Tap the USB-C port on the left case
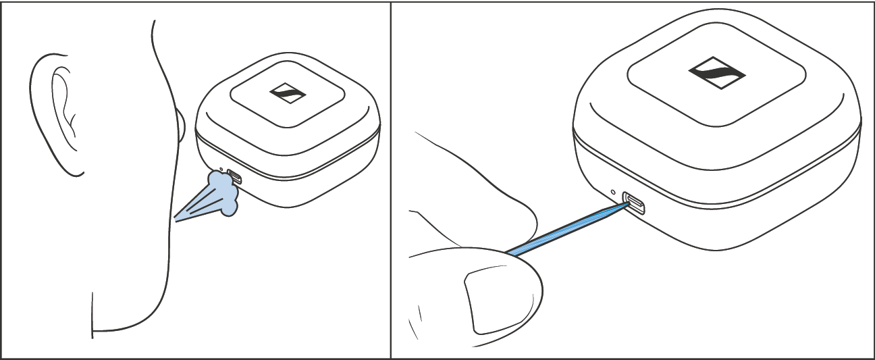coord(234,177)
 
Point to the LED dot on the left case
coord(221,170)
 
